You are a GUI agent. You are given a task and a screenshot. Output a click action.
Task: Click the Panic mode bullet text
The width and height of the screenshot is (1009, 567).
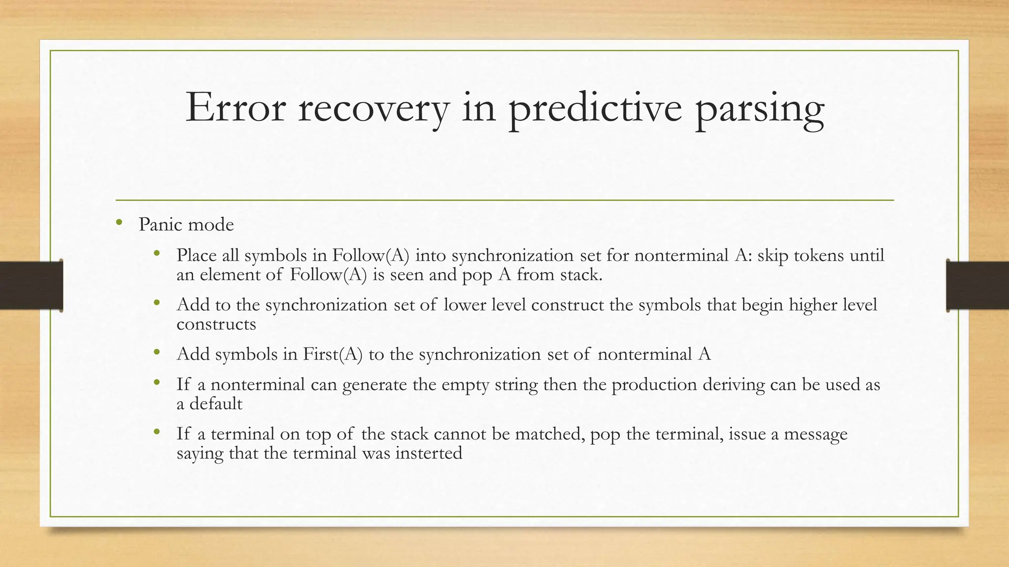tap(186, 224)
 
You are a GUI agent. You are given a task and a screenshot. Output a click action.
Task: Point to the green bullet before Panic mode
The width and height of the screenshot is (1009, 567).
tap(119, 223)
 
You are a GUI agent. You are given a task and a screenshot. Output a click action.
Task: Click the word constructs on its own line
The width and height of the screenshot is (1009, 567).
tap(216, 324)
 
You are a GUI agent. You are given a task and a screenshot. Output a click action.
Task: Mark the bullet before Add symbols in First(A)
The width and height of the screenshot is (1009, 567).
tap(157, 352)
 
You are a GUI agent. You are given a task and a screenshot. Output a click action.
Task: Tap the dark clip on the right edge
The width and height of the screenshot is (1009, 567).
tap(977, 285)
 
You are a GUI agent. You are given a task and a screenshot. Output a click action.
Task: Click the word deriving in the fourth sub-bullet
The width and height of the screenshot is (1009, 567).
tap(734, 384)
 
